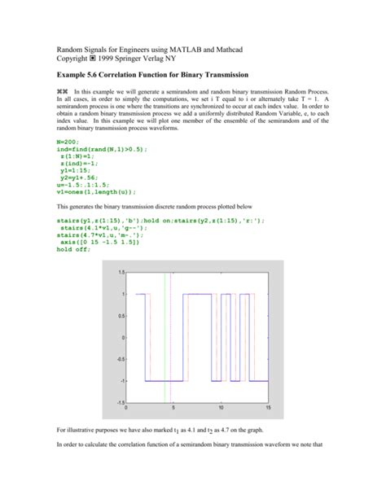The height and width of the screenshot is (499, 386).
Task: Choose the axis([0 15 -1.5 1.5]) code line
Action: click(x=99, y=243)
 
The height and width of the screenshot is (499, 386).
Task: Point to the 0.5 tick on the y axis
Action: click(x=122, y=315)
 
